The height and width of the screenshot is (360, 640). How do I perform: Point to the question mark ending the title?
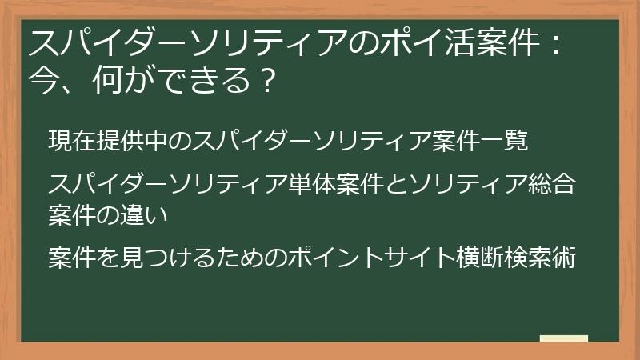(270, 80)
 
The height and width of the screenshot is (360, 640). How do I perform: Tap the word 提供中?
(130, 140)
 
